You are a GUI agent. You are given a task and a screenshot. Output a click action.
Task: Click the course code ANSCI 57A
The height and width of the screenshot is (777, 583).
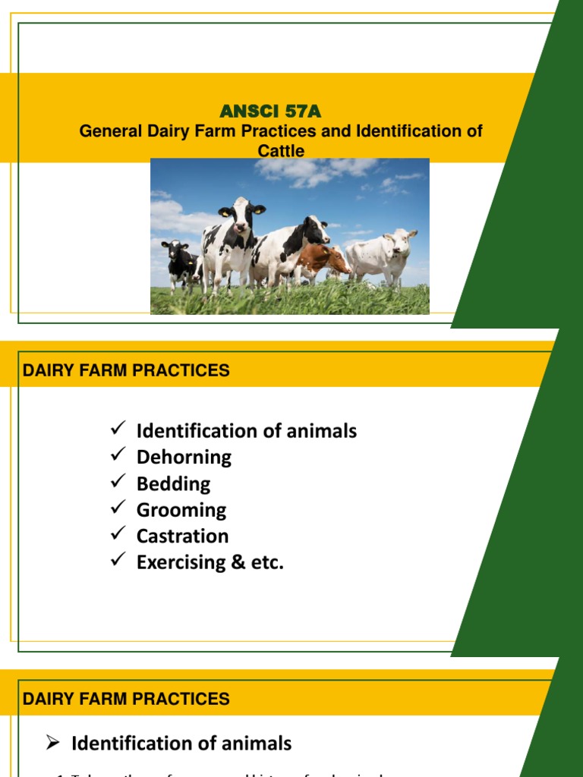tap(270, 112)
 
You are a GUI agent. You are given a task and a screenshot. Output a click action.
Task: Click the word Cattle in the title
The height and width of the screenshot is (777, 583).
tap(281, 151)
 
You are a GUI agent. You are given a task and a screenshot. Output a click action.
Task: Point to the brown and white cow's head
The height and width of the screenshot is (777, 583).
tap(335, 260)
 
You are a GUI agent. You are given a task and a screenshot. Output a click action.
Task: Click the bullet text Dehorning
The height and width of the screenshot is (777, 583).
tap(184, 457)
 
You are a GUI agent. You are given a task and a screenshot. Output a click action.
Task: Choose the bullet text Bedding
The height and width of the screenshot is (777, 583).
tap(173, 483)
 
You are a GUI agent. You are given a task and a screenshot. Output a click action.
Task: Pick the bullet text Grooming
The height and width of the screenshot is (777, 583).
tap(181, 510)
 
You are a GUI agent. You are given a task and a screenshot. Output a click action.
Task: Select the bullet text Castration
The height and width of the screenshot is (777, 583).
tap(182, 536)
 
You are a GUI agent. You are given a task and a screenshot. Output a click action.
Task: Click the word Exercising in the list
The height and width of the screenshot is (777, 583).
tap(183, 562)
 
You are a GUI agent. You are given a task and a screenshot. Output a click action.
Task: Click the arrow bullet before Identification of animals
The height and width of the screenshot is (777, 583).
tap(52, 743)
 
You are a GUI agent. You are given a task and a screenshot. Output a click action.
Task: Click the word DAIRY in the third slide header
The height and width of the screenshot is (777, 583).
tap(47, 699)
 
